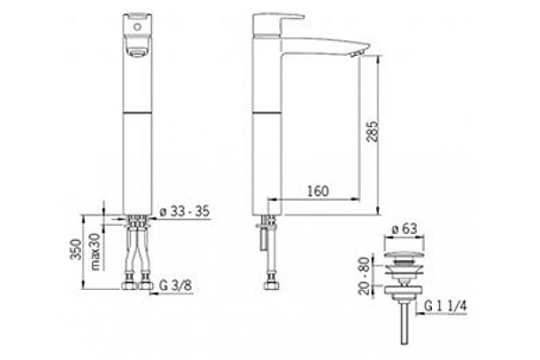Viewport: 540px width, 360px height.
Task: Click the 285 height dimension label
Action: click(x=373, y=130)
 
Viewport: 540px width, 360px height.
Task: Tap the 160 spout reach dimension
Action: click(x=318, y=191)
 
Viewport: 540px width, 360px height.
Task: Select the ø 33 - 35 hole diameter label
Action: click(x=184, y=211)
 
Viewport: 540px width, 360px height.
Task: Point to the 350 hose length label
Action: click(x=76, y=249)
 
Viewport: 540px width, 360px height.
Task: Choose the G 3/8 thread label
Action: click(x=175, y=285)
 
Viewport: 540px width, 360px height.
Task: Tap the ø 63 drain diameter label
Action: click(x=405, y=229)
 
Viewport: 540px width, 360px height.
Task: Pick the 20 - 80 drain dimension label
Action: click(x=364, y=275)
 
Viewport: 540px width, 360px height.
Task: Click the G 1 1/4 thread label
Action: click(x=445, y=306)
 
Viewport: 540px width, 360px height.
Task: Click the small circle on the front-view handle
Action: click(x=138, y=26)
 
